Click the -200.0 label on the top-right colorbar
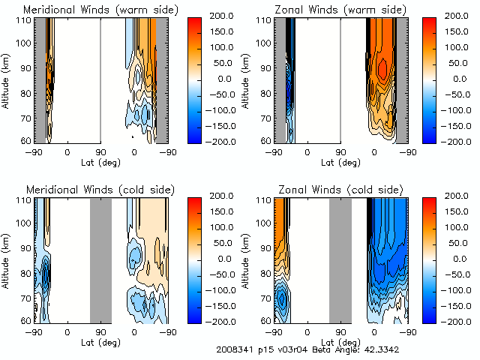click(x=450, y=141)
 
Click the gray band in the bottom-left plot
click(x=100, y=259)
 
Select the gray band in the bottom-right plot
click(x=340, y=259)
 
